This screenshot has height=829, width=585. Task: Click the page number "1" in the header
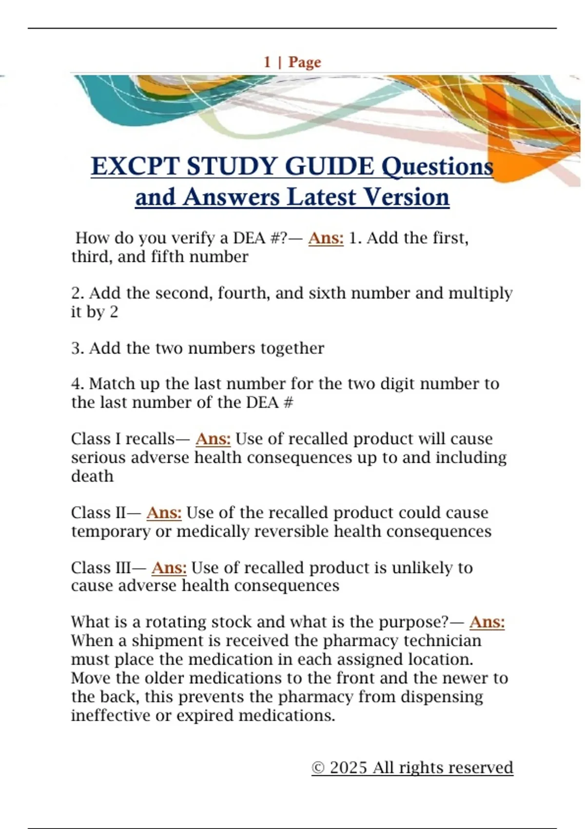[267, 62]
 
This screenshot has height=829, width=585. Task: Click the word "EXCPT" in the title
[135, 166]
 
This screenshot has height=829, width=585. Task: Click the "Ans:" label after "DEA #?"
[326, 238]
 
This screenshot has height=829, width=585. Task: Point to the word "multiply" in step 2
[480, 293]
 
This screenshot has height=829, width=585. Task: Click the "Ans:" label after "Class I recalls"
[213, 439]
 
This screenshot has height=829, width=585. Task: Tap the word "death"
[92, 476]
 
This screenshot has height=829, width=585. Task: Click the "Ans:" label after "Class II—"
[164, 513]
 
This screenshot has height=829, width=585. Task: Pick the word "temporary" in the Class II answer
[111, 531]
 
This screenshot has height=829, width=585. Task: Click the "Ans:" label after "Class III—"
[169, 568]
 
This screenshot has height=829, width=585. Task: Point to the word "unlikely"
[422, 568]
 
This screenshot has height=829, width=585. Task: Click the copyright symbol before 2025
[318, 768]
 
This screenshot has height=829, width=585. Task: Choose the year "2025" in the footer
[348, 768]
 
